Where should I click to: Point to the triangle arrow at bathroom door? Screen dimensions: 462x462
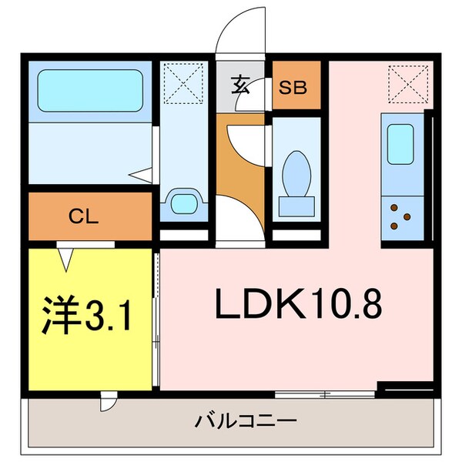[x=139, y=176]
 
